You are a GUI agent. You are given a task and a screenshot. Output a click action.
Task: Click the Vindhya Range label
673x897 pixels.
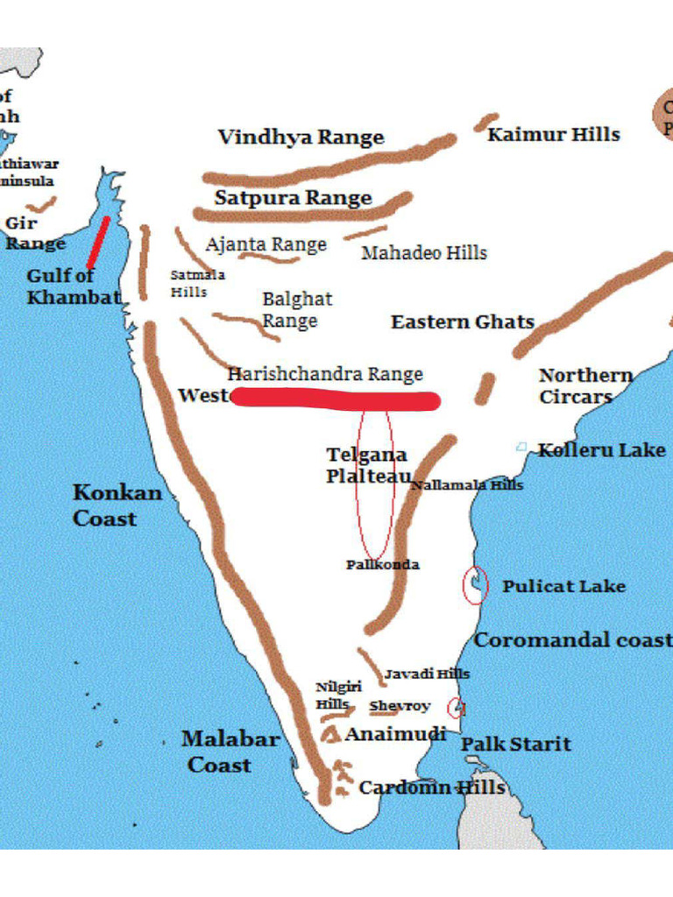pos(301,138)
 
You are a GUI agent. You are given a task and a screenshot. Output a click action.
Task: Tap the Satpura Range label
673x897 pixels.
pos(293,198)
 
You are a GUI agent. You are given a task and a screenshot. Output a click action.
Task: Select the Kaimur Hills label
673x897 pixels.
pos(553,135)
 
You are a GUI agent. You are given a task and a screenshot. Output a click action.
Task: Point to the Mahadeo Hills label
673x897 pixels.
pos(423,253)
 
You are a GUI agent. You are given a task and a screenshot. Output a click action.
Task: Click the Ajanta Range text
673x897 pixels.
pos(266,244)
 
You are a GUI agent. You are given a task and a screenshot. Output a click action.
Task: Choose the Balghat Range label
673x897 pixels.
pos(297,310)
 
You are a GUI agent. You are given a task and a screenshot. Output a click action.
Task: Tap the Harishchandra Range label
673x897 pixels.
pos(325,375)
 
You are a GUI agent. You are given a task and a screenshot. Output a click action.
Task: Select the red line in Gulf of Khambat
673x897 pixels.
pos(98,243)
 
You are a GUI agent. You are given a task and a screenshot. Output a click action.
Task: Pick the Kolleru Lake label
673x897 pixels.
pos(601,450)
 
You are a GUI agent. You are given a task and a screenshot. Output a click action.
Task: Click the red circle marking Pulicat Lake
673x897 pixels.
pos(474,585)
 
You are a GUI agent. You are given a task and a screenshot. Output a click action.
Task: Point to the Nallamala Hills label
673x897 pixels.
pos(467,485)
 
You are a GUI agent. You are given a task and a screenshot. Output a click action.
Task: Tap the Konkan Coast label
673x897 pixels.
pos(117,505)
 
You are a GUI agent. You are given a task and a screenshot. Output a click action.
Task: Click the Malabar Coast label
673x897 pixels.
pos(230,752)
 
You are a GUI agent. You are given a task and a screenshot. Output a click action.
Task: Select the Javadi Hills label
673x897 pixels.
pos(427,674)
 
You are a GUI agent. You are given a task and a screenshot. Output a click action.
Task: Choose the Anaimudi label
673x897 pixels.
pos(395,734)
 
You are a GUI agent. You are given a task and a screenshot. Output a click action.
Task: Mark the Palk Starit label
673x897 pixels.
pos(515,745)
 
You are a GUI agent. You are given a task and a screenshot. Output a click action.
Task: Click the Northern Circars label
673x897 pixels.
pos(585,385)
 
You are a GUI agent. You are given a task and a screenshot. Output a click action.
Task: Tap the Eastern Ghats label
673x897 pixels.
pos(462,322)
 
